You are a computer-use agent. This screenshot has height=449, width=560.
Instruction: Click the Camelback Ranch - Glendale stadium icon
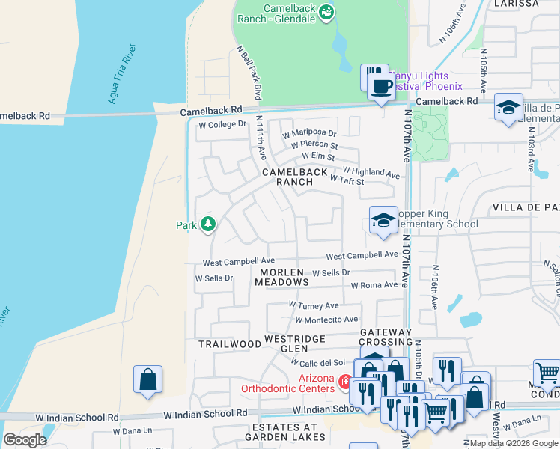[326, 12]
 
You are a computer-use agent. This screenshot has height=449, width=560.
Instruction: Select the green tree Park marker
[207, 224]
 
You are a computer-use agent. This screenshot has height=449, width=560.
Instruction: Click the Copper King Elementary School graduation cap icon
[383, 221]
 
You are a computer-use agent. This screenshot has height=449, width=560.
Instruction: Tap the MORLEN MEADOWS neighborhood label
[281, 277]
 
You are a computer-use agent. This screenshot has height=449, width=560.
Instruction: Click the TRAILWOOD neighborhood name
[228, 344]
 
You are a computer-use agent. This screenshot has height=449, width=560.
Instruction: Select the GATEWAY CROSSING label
[386, 337]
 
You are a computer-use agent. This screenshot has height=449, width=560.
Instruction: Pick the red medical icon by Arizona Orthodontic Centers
[345, 382]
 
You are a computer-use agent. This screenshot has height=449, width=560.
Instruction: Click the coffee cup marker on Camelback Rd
[381, 86]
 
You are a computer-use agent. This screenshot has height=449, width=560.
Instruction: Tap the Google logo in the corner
[25, 439]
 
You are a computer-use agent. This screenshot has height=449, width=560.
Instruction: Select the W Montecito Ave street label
[326, 320]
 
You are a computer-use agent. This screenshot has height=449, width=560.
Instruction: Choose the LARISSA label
[517, 4]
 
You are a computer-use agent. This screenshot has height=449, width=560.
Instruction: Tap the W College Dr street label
[222, 124]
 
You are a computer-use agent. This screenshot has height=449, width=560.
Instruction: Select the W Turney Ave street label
[314, 305]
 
